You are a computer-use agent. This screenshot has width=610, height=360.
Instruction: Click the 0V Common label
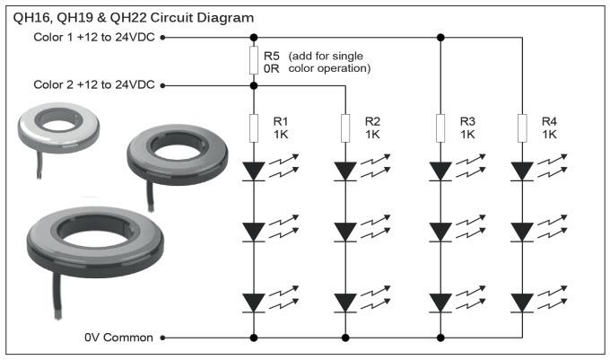119,338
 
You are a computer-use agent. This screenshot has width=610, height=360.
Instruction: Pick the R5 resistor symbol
254,61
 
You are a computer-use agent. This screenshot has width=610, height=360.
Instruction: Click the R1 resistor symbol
254,127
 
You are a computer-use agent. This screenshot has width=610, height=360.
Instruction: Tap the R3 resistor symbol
440,127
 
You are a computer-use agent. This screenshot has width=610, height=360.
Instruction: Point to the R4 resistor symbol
522,127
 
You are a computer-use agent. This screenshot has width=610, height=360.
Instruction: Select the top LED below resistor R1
254,170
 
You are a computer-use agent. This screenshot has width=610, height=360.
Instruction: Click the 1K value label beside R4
550,134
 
